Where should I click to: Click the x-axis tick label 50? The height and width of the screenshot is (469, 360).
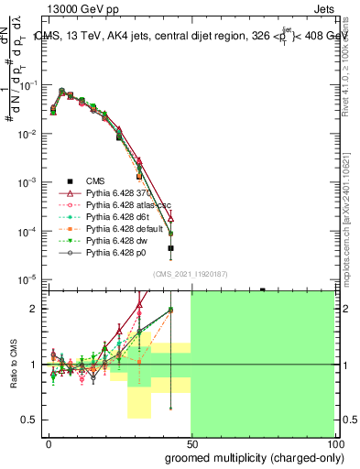tap(191, 443)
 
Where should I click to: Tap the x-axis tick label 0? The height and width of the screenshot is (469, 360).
tap(49, 443)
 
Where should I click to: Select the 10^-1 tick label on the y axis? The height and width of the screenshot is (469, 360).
tap(31, 85)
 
